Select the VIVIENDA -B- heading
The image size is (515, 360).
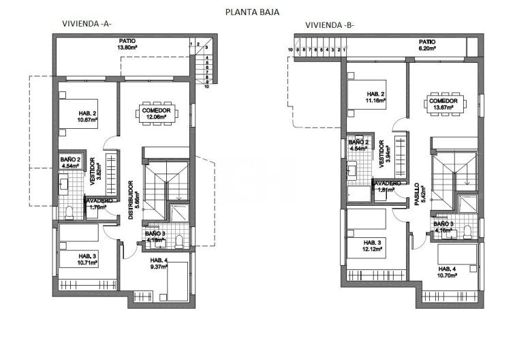(329, 26)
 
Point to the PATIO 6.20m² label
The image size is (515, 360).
(427, 45)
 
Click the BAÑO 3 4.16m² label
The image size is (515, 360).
(443, 227)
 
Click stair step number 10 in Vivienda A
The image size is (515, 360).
(205, 87)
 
